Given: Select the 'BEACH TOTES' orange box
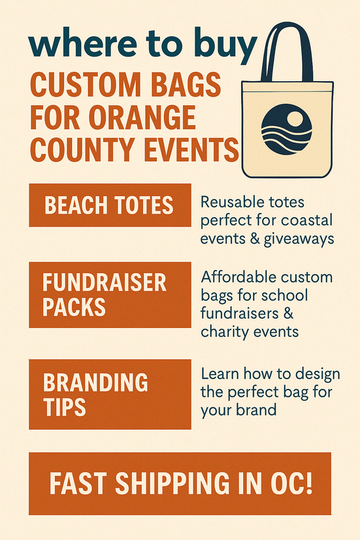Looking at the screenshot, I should (x=110, y=205).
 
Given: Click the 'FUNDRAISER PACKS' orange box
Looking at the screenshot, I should (x=110, y=294).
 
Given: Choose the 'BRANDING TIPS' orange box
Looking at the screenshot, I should (x=110, y=394).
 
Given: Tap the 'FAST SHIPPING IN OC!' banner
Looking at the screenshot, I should (x=180, y=483).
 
